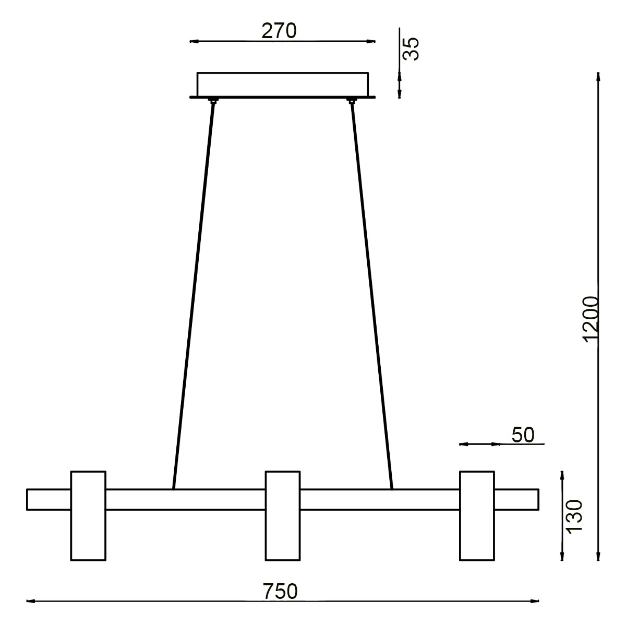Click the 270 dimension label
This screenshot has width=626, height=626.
(279, 31)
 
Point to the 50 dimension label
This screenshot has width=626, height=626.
(523, 435)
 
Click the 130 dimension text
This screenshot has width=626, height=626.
(574, 516)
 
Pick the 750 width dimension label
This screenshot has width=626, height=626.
(280, 591)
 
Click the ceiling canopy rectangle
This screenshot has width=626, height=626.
(282, 84)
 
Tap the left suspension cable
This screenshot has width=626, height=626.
(193, 292)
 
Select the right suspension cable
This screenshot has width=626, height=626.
(372, 292)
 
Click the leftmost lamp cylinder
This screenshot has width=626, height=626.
(88, 515)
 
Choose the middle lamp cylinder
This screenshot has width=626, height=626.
(283, 515)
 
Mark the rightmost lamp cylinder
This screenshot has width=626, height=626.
(477, 515)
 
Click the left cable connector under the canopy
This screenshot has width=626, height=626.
(212, 100)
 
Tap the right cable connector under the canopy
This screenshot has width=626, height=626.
(352, 100)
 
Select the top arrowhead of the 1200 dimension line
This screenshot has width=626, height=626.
(599, 77)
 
